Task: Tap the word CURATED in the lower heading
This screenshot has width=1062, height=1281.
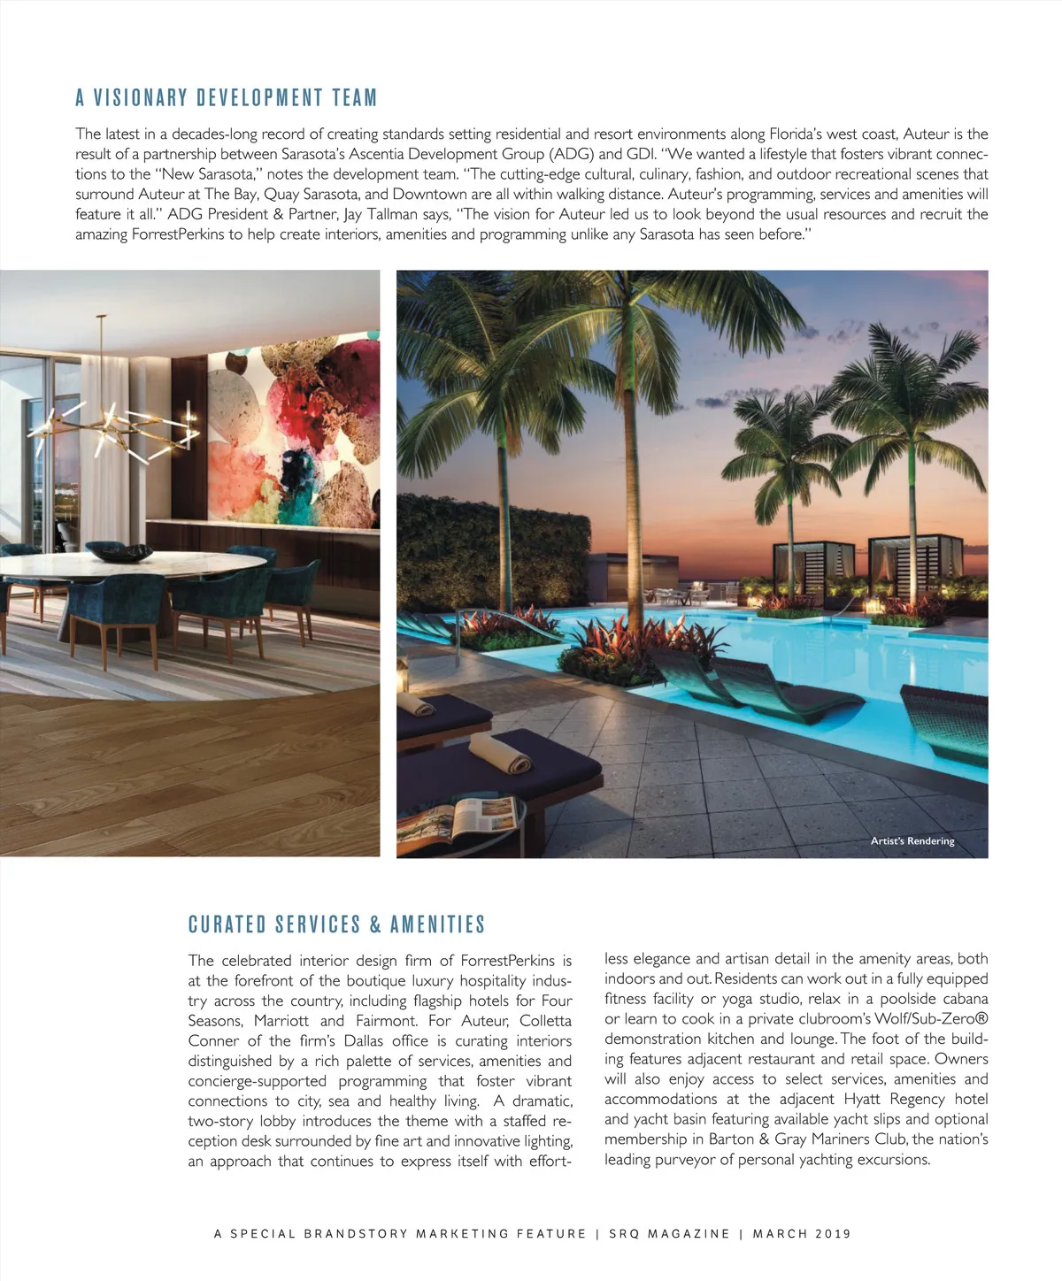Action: pyautogui.click(x=227, y=924)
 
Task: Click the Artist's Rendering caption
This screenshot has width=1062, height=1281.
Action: pyautogui.click(x=912, y=840)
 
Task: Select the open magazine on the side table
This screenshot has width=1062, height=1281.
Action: pyautogui.click(x=458, y=819)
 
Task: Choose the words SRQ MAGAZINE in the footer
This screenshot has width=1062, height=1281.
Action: pyautogui.click(x=669, y=1233)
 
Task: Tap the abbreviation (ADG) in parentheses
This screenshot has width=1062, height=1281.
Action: pyautogui.click(x=571, y=154)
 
